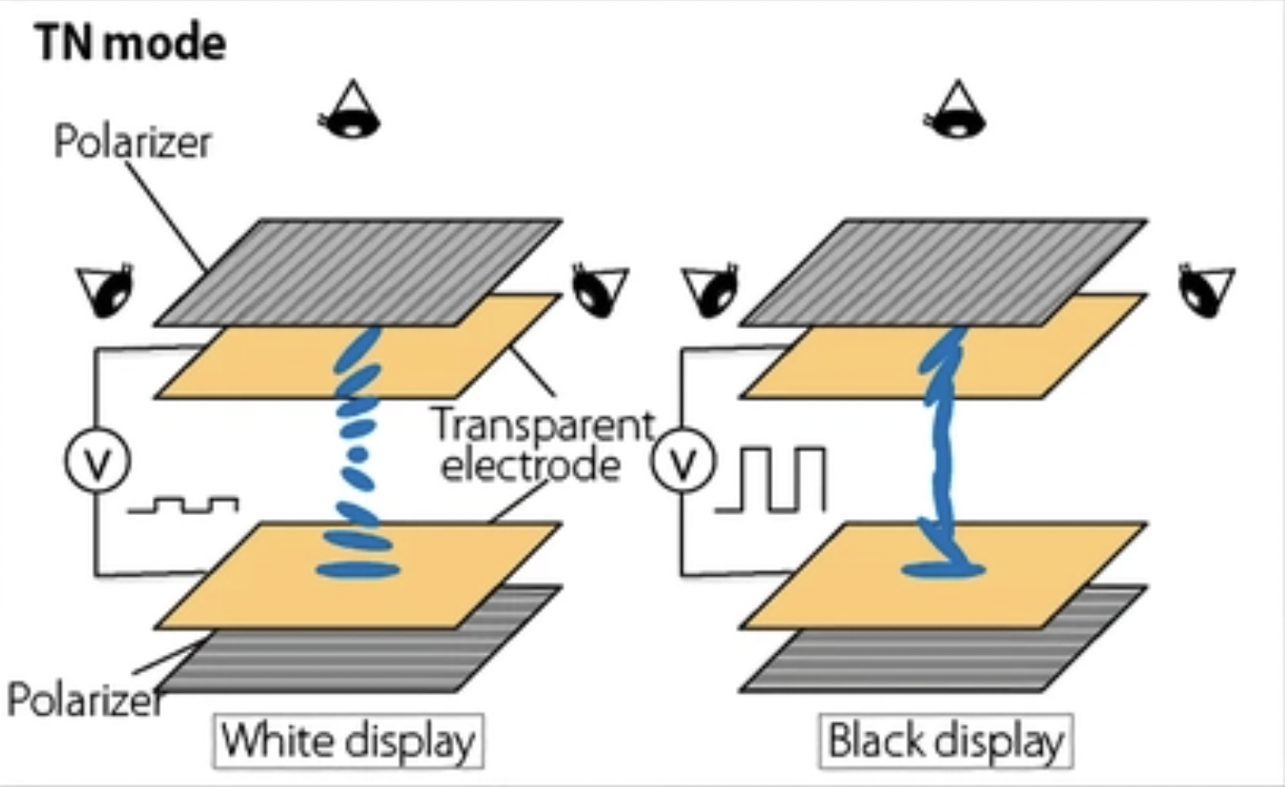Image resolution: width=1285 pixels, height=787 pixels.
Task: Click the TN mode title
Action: pyautogui.click(x=131, y=44)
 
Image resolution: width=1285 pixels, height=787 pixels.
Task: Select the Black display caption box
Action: pyautogui.click(x=946, y=740)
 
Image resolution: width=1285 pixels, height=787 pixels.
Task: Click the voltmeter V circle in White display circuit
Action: pyautogui.click(x=97, y=462)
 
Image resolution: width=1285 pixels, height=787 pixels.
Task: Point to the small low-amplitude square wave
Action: pyautogui.click(x=183, y=504)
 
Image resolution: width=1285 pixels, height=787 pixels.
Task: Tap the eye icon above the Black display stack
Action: pyautogui.click(x=954, y=109)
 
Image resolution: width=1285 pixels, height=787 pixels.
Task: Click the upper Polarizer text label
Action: pyautogui.click(x=132, y=144)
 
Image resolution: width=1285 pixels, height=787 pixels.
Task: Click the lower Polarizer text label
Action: pyautogui.click(x=80, y=701)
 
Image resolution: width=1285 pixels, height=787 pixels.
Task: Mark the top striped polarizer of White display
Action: pyautogui.click(x=358, y=271)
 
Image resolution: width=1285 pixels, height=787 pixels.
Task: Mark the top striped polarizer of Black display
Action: pyautogui.click(x=944, y=271)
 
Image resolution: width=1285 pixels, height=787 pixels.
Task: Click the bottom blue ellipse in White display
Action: pyautogui.click(x=357, y=570)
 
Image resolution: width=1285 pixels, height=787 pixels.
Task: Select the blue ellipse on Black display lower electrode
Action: pyautogui.click(x=942, y=570)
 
